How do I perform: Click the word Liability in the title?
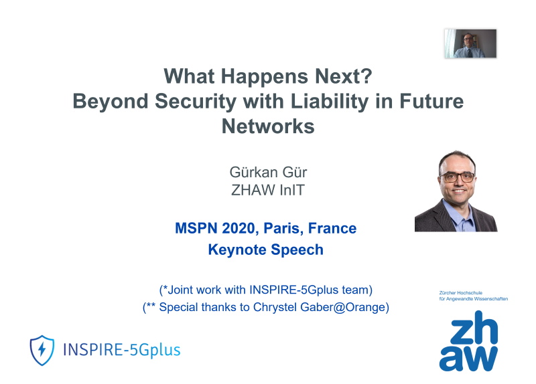(x=330, y=102)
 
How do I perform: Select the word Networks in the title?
(x=268, y=126)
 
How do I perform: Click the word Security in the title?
(x=196, y=102)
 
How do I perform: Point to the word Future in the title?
(x=431, y=102)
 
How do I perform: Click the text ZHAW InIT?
(x=267, y=190)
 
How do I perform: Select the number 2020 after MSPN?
(x=239, y=228)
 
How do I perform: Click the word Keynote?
(x=237, y=250)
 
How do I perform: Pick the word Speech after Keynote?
(x=297, y=250)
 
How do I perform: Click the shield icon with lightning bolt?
(x=42, y=350)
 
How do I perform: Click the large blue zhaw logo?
(x=468, y=341)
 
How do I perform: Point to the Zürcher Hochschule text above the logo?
(x=461, y=293)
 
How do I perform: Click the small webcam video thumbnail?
(x=470, y=43)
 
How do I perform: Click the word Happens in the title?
(x=264, y=76)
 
